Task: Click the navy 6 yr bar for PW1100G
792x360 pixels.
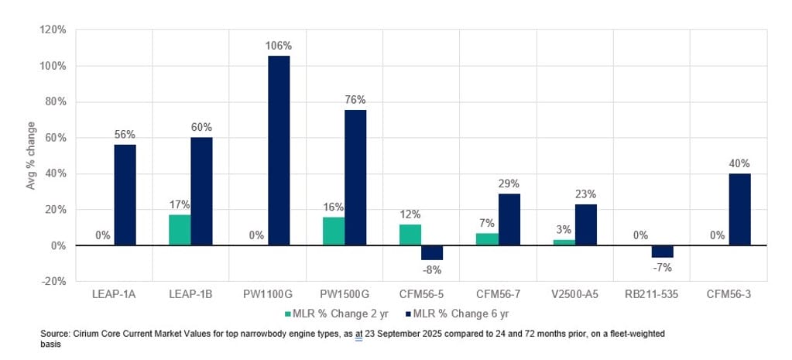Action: (x=279, y=150)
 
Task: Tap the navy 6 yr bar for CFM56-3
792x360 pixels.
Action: (x=740, y=209)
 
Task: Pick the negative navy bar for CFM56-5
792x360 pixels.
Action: (x=432, y=252)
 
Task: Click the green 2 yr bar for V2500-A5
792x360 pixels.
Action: (x=564, y=242)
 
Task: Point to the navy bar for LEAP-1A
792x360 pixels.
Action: (x=125, y=195)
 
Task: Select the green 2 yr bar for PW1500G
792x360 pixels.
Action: (x=334, y=231)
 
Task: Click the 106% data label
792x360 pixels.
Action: (x=279, y=46)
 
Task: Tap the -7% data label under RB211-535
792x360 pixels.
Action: (x=663, y=268)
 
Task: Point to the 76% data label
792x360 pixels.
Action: (x=355, y=100)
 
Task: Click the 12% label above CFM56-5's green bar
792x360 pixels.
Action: (x=410, y=214)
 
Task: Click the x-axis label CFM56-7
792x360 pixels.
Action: (x=498, y=296)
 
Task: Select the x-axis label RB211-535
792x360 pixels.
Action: (x=651, y=296)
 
